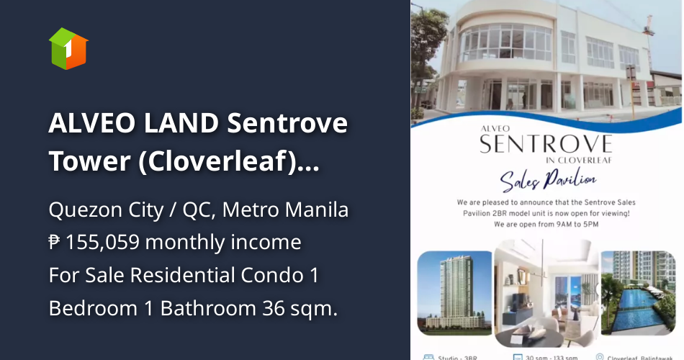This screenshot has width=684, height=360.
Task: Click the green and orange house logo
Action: tap(68, 48)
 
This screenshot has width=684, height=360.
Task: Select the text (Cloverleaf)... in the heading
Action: tap(229, 162)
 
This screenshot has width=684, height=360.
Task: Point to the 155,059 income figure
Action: tap(105, 243)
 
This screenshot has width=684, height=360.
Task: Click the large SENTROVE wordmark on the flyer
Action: tap(546, 143)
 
